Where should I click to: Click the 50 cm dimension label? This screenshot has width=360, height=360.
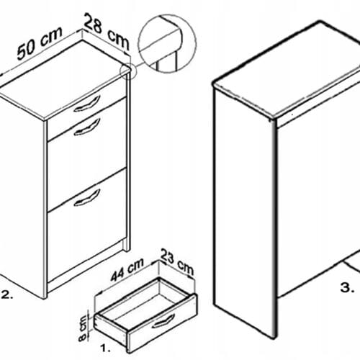[40, 43]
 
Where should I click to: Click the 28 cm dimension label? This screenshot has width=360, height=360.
[107, 32]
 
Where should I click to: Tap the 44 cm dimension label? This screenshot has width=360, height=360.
[127, 269]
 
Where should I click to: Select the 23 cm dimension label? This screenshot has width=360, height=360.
[177, 261]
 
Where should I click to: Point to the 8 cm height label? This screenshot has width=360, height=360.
[83, 328]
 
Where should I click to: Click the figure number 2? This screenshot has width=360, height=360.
[7, 295]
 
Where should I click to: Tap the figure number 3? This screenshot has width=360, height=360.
[347, 287]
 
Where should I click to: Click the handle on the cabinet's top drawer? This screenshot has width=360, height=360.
[87, 104]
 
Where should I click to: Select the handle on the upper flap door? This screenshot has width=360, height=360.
[87, 127]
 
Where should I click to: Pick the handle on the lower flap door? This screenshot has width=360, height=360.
[87, 198]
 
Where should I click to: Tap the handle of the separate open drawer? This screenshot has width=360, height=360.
[163, 321]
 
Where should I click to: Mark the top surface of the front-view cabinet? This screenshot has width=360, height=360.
[63, 79]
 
